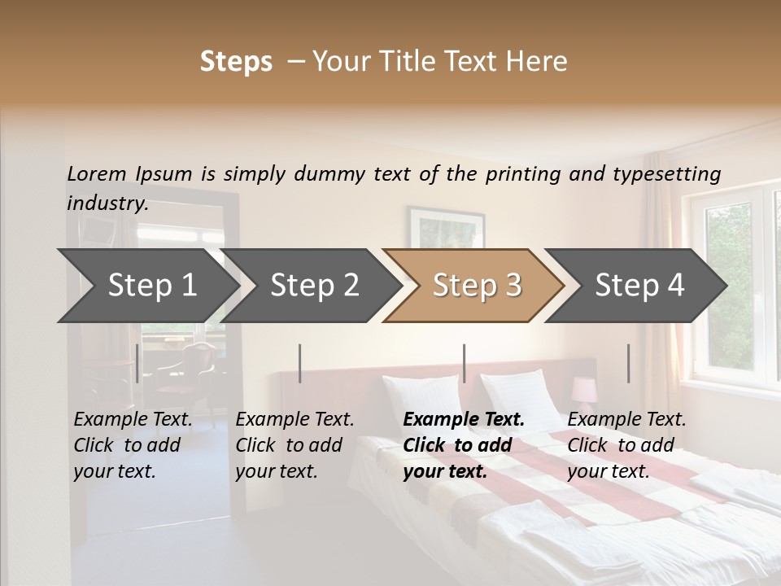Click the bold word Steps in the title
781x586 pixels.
point(236,62)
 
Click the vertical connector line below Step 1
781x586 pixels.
point(137,363)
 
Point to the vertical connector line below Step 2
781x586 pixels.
point(300,363)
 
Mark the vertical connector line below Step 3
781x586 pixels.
point(464,363)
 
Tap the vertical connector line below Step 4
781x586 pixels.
point(628,363)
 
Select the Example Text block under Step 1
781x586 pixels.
point(133,445)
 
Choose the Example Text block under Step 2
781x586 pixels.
point(295,445)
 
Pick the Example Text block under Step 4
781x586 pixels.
point(626,445)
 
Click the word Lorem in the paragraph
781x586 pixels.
point(97,173)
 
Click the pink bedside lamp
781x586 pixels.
point(583,390)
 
